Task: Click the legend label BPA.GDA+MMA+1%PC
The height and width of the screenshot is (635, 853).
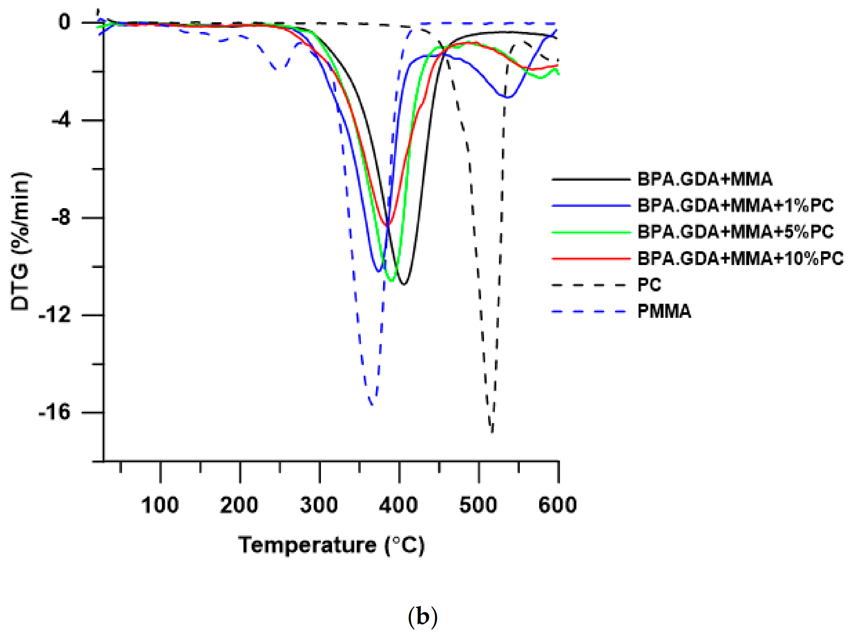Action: [735, 206]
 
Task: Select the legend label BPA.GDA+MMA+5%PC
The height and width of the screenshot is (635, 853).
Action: [735, 232]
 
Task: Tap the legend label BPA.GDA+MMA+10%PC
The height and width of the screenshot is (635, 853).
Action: [740, 258]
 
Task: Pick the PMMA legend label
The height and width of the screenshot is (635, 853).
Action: [664, 311]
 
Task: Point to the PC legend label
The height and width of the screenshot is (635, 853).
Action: [649, 285]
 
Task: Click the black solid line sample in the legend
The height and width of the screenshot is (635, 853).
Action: [591, 179]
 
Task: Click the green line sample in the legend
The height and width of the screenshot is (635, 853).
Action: [591, 232]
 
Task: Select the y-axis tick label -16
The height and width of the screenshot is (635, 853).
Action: [55, 412]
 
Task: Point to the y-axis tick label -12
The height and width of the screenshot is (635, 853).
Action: [55, 315]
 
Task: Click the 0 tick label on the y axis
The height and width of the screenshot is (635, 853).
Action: [65, 22]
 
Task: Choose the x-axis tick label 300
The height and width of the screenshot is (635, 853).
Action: [319, 505]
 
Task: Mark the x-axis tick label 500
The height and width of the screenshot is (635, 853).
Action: [478, 505]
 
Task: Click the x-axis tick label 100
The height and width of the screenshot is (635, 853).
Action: [160, 505]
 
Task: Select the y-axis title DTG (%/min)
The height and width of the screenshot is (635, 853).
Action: [20, 241]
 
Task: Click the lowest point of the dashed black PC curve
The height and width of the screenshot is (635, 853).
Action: [492, 432]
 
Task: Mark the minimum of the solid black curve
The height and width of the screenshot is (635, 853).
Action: [404, 284]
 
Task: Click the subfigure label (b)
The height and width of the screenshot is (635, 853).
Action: [423, 617]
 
